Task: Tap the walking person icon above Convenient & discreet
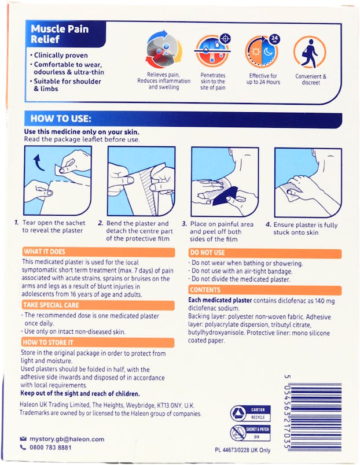coord(310,52)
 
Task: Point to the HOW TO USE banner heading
coord(61,119)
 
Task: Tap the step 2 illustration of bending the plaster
coord(141,181)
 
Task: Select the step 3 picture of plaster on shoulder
coord(225,181)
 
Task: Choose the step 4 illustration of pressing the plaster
coord(307,181)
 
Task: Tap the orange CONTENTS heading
coord(205,290)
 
